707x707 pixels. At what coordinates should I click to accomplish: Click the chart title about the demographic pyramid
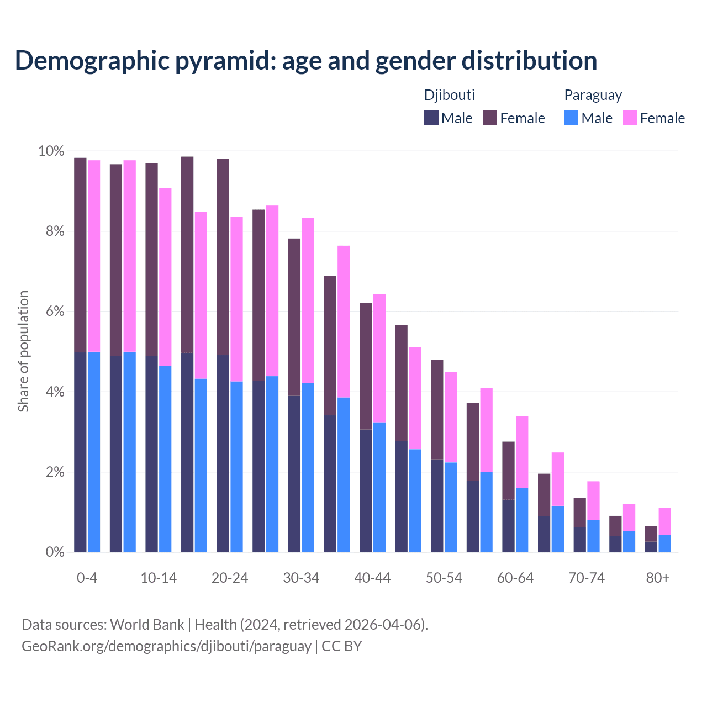pyautogui.click(x=305, y=61)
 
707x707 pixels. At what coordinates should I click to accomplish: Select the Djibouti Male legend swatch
pyautogui.click(x=431, y=118)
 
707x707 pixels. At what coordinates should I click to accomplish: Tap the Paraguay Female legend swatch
pyautogui.click(x=630, y=118)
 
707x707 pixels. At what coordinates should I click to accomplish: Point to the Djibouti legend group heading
pyautogui.click(x=449, y=95)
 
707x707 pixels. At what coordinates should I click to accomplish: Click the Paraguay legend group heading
pyautogui.click(x=593, y=95)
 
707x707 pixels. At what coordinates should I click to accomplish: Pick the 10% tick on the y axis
pyautogui.click(x=51, y=151)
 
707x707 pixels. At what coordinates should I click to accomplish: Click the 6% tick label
pyautogui.click(x=54, y=312)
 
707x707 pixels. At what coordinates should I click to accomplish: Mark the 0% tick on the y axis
pyautogui.click(x=54, y=552)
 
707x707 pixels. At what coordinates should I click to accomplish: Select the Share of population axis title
pyautogui.click(x=23, y=351)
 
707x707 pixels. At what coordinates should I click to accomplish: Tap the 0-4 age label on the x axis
pyautogui.click(x=87, y=578)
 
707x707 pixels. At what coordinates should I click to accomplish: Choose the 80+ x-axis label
pyautogui.click(x=658, y=578)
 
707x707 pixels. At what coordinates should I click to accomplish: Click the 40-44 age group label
pyautogui.click(x=372, y=578)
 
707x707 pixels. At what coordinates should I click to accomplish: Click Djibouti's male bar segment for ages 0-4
pyautogui.click(x=80, y=452)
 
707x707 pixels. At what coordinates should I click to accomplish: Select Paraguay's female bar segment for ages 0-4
pyautogui.click(x=94, y=256)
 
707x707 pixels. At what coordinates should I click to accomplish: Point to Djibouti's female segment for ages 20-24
pyautogui.click(x=223, y=257)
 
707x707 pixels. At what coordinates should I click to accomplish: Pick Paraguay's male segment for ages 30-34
pyautogui.click(x=308, y=467)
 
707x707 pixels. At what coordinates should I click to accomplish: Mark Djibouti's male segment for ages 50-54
pyautogui.click(x=437, y=505)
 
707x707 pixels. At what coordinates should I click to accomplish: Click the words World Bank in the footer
pyautogui.click(x=147, y=625)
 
